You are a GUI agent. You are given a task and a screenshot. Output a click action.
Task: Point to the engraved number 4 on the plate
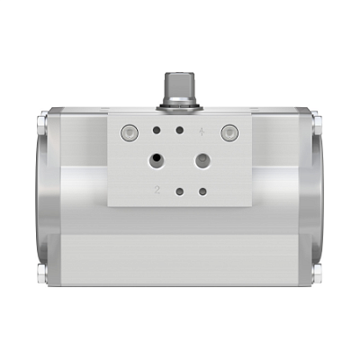coord(203,131)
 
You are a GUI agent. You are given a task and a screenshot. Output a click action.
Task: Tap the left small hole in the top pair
coord(157,131)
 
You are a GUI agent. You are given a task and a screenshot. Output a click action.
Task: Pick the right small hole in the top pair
coord(180,131)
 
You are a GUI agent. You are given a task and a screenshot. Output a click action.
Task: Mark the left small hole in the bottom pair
coord(180,191)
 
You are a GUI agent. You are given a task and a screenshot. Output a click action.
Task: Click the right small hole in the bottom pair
coord(202,191)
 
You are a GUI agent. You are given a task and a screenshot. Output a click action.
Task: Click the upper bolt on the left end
coord(43,117)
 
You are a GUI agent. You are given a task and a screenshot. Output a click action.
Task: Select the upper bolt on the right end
coord(317,117)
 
